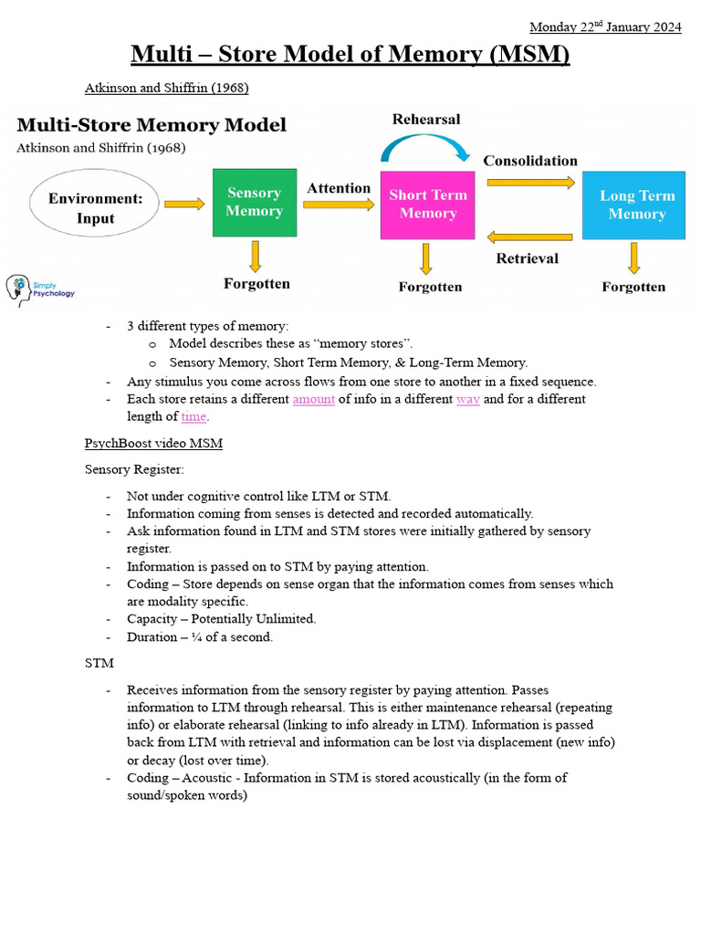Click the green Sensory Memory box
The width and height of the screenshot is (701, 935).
[254, 203]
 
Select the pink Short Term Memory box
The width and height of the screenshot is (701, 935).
[427, 205]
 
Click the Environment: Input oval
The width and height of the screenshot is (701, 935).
[95, 207]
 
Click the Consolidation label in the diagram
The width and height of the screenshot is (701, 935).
[529, 161]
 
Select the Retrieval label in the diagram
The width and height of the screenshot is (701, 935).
[527, 258]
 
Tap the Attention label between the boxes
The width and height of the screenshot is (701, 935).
[339, 188]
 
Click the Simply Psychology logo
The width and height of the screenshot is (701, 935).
[40, 289]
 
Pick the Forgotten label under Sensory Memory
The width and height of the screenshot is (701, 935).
[256, 284]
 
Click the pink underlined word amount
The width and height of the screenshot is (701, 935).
[313, 399]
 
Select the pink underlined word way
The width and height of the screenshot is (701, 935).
[467, 399]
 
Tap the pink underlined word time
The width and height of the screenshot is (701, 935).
[194, 416]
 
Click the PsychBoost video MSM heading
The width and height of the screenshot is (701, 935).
[153, 443]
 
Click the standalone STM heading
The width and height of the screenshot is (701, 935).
[99, 663]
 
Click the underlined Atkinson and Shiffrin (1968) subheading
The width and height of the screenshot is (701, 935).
[167, 89]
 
